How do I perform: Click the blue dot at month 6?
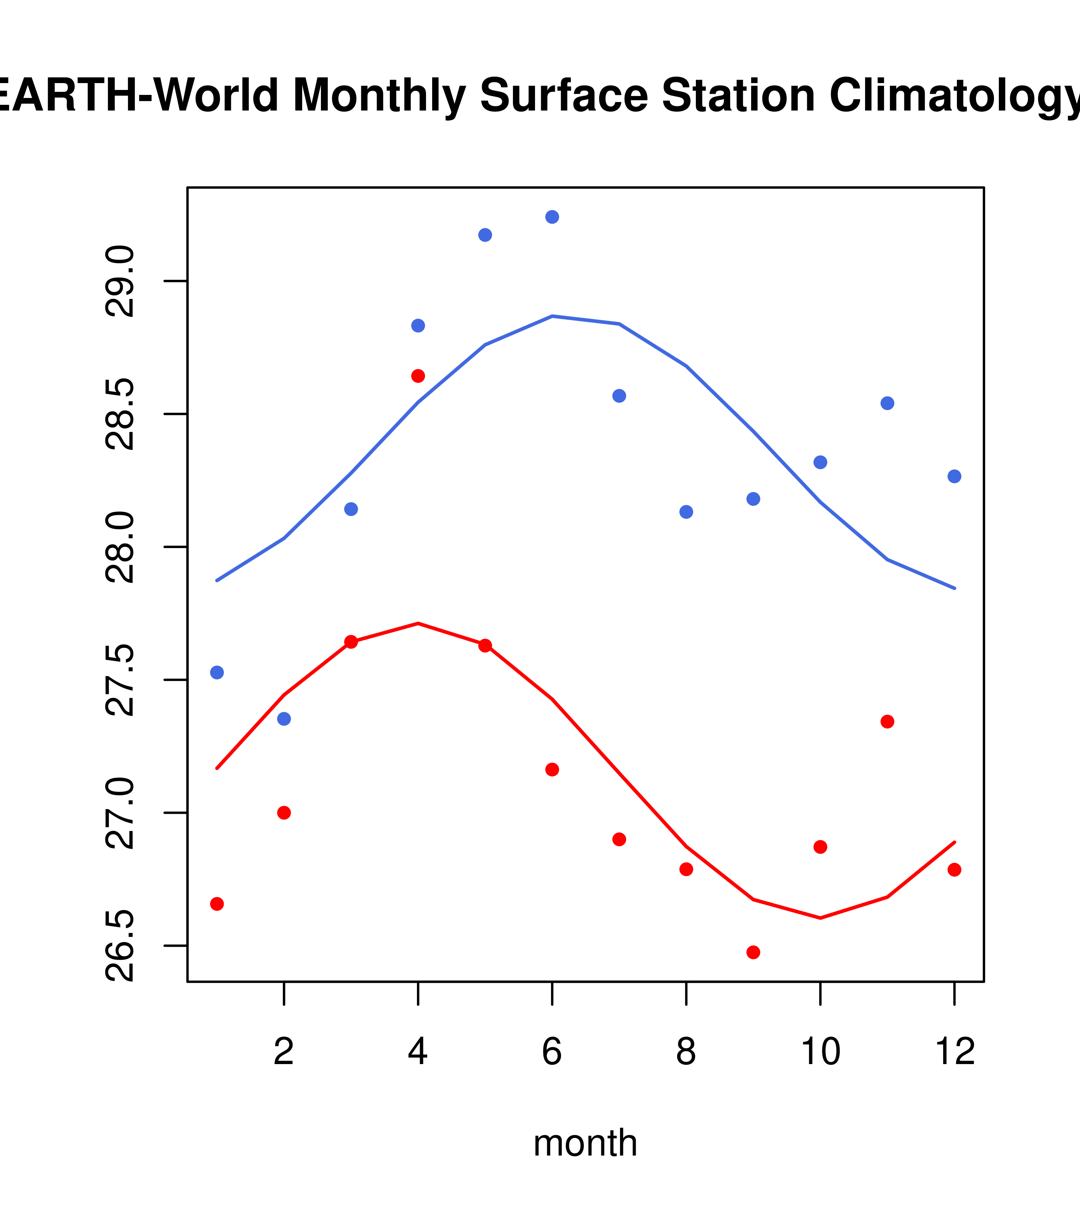(552, 217)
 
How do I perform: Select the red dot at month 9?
(753, 952)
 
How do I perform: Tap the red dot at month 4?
(418, 376)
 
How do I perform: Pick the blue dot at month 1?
(217, 672)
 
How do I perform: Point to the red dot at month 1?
(217, 904)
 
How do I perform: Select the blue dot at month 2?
(284, 719)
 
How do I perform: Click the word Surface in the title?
(564, 95)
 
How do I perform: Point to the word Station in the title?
(738, 95)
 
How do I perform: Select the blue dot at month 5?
(485, 235)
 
